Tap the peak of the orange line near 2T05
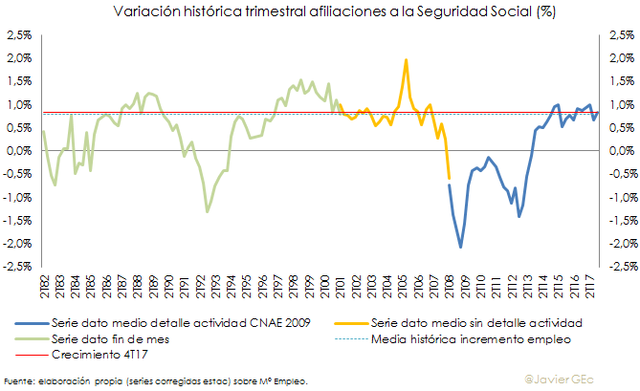click(x=406, y=60)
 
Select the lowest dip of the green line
click(x=208, y=211)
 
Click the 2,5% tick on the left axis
click(x=17, y=34)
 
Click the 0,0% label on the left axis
click(x=17, y=151)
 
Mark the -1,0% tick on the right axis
click(x=621, y=197)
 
